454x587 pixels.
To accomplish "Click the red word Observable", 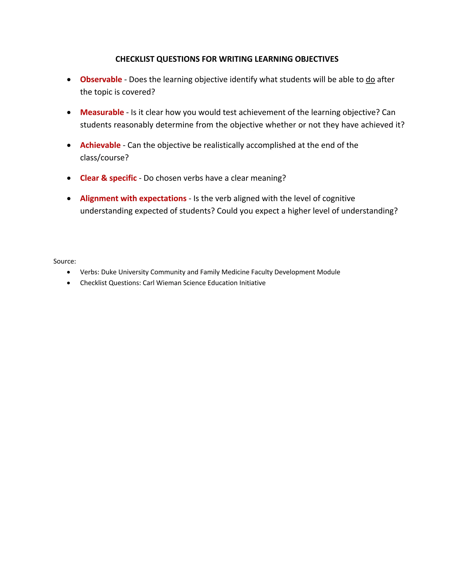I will click(101, 80).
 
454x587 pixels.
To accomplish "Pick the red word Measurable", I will click(102, 112).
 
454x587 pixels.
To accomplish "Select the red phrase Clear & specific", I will click(108, 178).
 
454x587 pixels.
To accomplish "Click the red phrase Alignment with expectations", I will click(133, 198).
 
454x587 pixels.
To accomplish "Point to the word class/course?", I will click(104, 157).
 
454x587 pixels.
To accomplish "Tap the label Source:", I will click(65, 261).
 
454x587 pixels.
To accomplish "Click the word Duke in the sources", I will click(109, 272).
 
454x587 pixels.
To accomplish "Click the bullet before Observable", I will click(69, 80).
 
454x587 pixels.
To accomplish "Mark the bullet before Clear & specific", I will click(69, 178).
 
